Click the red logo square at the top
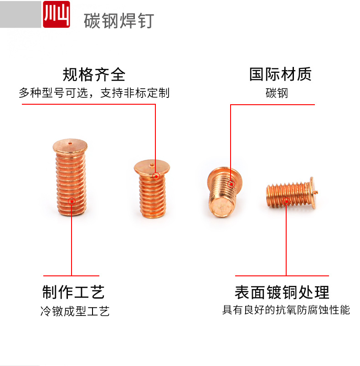(x=56, y=15)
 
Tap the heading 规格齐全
(x=94, y=74)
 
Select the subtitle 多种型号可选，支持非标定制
(x=94, y=93)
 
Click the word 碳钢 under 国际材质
(x=277, y=93)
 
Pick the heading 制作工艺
(x=73, y=291)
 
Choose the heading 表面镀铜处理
(x=282, y=292)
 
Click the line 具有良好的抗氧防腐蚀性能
(x=286, y=310)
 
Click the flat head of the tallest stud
(x=68, y=145)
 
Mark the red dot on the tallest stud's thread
(x=72, y=200)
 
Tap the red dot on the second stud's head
(x=156, y=176)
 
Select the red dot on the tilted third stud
(x=231, y=184)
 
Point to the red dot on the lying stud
(x=286, y=201)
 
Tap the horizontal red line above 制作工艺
(x=71, y=275)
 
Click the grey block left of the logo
(x=21, y=14)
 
